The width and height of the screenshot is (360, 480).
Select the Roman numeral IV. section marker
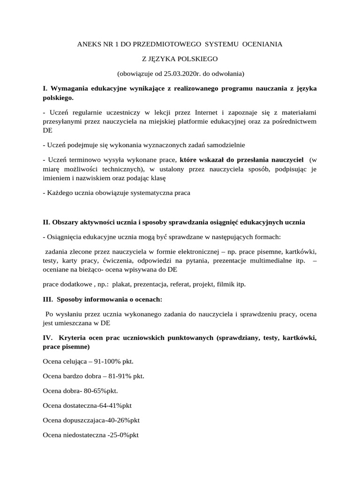(47, 338)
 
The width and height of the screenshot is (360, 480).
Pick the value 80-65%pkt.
(101, 390)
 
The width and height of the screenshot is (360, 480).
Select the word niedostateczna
(84, 435)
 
